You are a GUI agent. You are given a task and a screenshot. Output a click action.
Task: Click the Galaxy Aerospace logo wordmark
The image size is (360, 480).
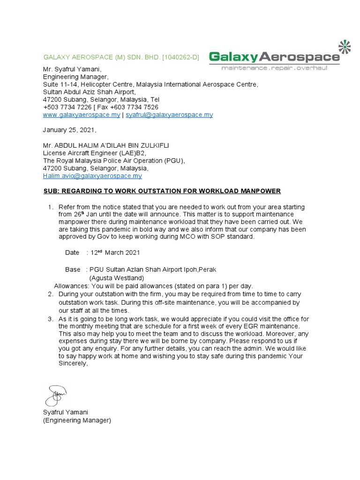(274, 57)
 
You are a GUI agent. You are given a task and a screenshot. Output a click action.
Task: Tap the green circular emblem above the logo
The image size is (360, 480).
(345, 46)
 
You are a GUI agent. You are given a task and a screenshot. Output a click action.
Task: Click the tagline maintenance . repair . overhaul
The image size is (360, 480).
(274, 68)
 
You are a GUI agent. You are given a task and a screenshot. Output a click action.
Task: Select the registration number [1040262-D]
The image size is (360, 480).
(180, 58)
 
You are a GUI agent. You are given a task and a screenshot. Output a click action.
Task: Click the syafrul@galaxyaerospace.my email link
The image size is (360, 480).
(169, 115)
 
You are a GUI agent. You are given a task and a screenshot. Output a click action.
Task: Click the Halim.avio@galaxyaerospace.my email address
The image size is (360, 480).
(92, 176)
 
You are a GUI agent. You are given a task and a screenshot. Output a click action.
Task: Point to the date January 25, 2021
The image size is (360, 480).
(69, 130)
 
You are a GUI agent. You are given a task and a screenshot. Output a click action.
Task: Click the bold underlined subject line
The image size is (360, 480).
(163, 191)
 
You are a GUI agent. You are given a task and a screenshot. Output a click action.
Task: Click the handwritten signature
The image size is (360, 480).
(56, 395)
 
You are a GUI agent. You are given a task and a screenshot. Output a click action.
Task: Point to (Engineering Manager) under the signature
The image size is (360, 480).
(77, 420)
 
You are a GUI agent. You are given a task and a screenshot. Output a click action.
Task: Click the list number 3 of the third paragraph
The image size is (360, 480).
(51, 319)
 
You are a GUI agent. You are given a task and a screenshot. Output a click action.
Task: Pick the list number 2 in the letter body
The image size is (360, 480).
(51, 294)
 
